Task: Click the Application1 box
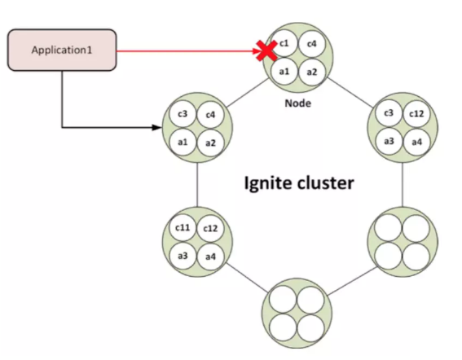(62, 50)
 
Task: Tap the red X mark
(267, 50)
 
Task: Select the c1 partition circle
(284, 44)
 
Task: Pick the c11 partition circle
(183, 228)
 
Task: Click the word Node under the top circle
(297, 103)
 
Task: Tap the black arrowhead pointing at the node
(156, 127)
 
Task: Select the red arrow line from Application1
(189, 51)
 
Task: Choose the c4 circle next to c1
(312, 44)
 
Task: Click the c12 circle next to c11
(210, 228)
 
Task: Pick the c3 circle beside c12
(389, 113)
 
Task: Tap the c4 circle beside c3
(210, 115)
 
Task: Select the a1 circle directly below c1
(284, 72)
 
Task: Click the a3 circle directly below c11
(183, 256)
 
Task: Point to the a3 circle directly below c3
(389, 142)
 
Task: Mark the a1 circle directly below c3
(183, 143)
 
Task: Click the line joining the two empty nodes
(352, 281)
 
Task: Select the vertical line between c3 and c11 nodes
(197, 185)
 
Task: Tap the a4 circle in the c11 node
(210, 257)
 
